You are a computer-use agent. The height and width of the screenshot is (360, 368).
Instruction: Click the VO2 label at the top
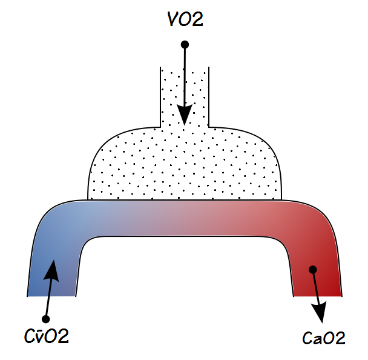point(185,20)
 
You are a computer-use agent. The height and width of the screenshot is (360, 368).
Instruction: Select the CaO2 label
point(323,338)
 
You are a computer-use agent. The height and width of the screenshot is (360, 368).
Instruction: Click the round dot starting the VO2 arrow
point(185,44)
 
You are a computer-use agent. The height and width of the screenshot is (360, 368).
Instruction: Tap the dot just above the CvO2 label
point(45,318)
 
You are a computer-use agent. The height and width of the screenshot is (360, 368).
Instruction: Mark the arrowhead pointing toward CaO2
point(320,310)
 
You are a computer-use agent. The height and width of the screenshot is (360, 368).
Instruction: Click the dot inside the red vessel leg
point(312,269)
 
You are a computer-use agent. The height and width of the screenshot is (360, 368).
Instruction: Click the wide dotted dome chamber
point(185,167)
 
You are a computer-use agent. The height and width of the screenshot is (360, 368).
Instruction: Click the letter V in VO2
point(172,20)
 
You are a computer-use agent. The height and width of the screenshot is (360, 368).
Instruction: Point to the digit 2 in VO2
point(197,20)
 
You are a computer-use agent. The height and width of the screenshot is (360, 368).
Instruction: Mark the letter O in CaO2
point(327,338)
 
